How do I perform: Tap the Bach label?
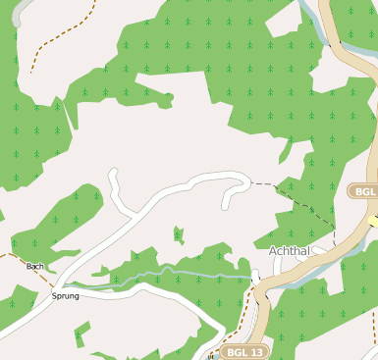(34, 266)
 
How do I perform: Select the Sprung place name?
(65, 294)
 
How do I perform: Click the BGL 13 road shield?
(244, 351)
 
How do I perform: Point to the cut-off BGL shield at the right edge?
(364, 191)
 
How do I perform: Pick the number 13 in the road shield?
(256, 351)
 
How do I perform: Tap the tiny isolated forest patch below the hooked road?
(178, 234)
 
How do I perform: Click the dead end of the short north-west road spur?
(113, 173)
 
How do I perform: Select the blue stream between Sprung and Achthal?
(177, 271)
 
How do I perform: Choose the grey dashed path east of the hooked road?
(295, 196)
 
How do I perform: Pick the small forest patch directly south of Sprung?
(81, 334)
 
